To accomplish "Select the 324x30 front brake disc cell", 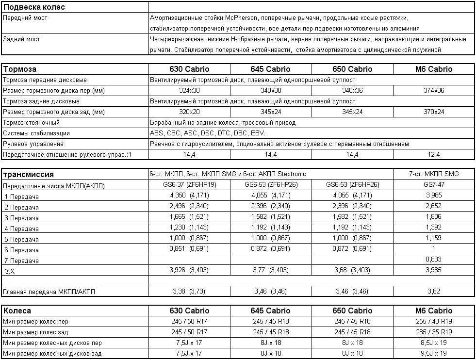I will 189,90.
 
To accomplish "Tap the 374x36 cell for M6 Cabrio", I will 434,90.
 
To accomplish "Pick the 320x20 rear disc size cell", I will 189,112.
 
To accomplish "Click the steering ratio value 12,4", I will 434,154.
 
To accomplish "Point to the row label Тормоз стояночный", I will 32,122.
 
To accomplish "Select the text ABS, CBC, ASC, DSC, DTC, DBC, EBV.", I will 208,133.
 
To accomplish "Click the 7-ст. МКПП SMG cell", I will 434,174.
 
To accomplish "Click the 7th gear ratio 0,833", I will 434,259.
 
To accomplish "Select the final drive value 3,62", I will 434,291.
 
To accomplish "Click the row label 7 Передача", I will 21,261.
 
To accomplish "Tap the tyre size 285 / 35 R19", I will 434,332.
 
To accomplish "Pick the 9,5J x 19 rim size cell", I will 434,353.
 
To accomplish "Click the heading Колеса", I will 17,311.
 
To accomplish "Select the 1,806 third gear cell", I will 434,216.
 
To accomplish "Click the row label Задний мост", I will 22,39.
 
